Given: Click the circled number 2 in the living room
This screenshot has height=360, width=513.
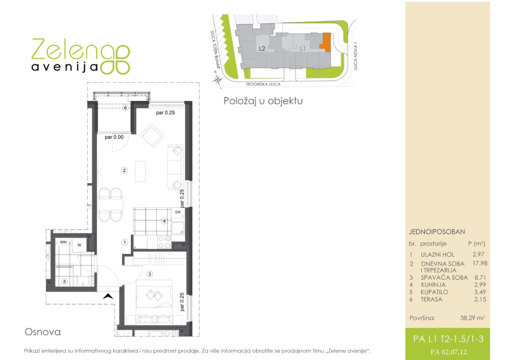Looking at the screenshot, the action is click(x=124, y=170).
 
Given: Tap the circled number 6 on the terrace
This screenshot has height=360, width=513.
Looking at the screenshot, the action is click(x=125, y=108).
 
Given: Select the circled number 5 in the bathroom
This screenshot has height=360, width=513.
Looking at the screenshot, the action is click(x=65, y=281).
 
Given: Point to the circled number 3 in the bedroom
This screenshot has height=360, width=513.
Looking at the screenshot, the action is click(x=149, y=274).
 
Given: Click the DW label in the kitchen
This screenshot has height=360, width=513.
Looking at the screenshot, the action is click(x=178, y=212).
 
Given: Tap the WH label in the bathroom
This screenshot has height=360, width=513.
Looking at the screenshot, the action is click(x=63, y=242).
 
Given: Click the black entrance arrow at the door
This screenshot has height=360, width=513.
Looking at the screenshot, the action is click(x=108, y=296).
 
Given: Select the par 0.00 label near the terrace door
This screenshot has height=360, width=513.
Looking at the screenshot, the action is click(x=114, y=137).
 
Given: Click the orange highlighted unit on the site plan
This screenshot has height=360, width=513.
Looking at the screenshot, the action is click(x=326, y=42).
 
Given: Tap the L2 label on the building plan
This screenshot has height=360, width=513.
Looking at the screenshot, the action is click(x=262, y=49).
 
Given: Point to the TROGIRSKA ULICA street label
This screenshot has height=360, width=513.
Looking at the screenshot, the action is click(x=263, y=84).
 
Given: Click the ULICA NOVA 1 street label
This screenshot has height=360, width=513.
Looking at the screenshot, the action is click(x=355, y=56).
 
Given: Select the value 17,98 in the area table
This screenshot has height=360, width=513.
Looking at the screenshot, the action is click(x=480, y=263).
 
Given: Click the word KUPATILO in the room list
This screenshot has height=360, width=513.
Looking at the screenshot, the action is click(x=434, y=292).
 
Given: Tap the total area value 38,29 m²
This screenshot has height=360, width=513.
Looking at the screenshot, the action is click(x=472, y=318).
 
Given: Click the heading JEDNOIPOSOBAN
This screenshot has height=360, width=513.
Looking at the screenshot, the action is click(x=437, y=232).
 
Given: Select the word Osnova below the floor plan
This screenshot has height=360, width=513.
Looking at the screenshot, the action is click(x=43, y=332).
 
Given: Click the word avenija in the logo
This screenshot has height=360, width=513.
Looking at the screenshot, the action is click(x=65, y=67).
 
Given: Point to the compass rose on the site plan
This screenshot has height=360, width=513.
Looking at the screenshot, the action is click(x=217, y=80).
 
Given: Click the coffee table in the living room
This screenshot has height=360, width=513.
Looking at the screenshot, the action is click(x=140, y=171).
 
